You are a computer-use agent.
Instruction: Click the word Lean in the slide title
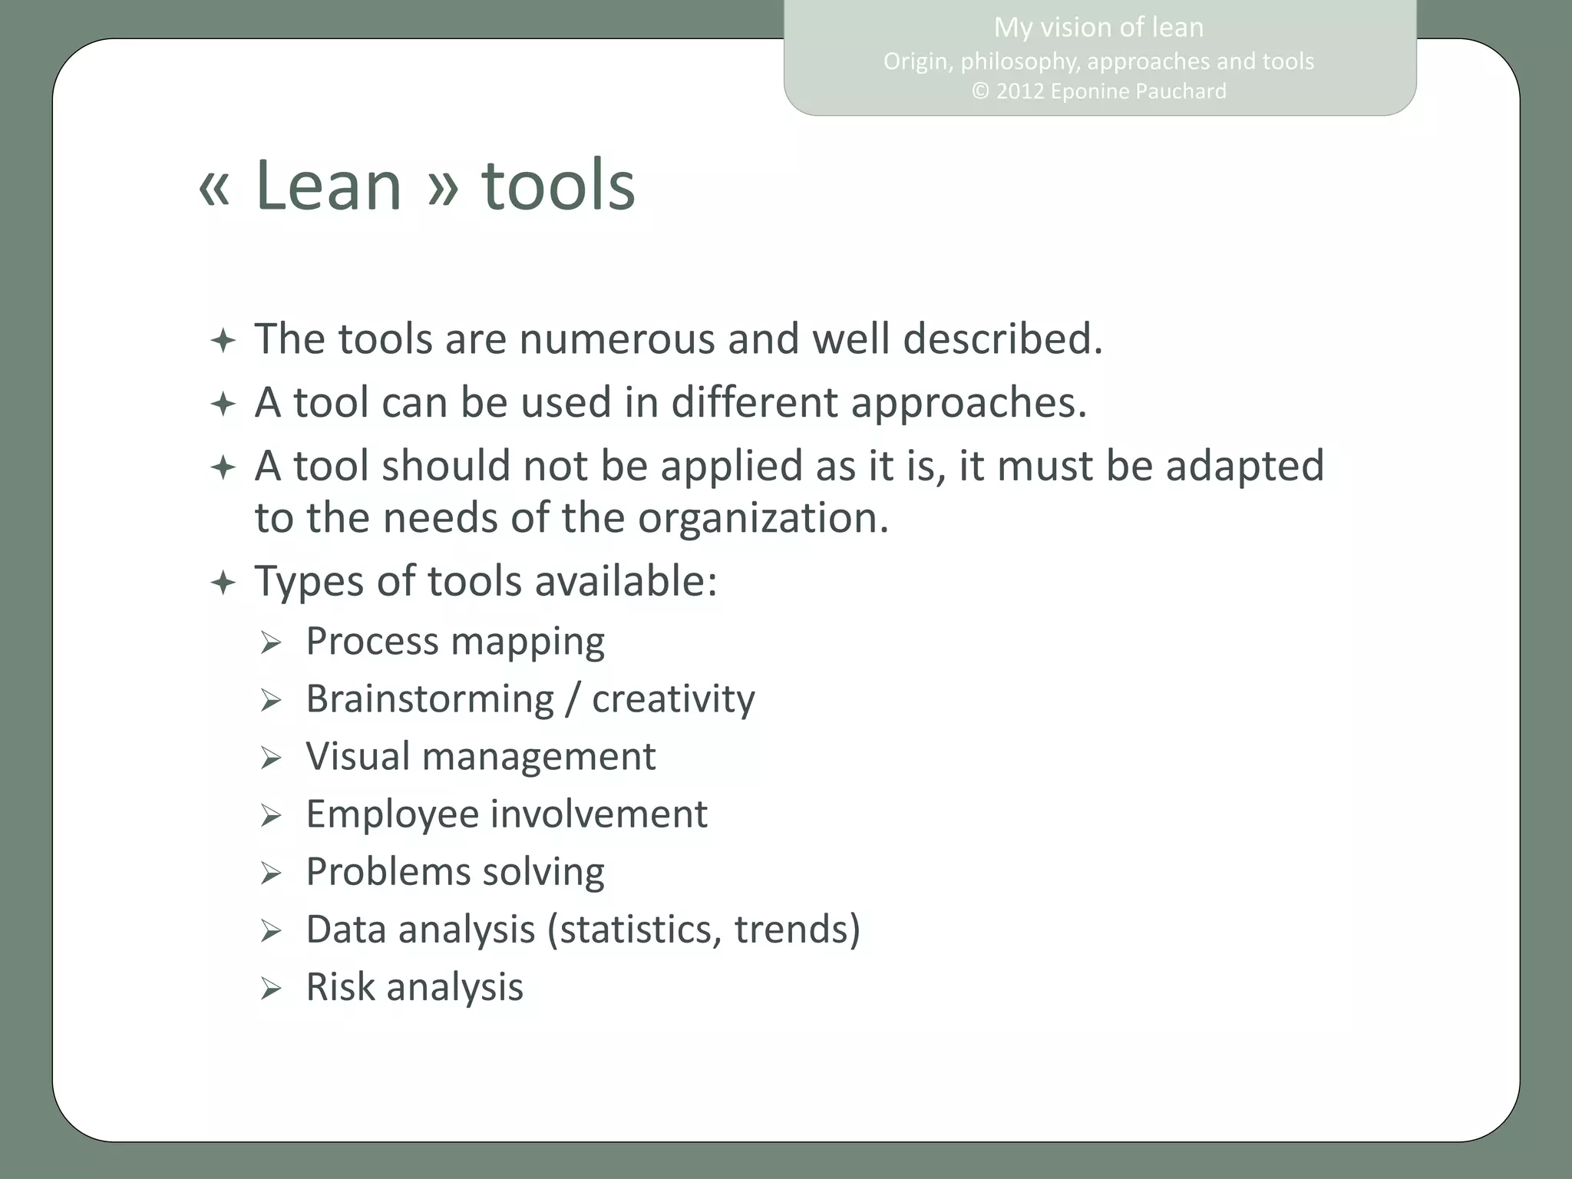point(328,186)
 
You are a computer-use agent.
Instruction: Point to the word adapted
point(1244,466)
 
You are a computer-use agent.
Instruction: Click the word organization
point(761,518)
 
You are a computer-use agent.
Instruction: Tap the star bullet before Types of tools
point(223,583)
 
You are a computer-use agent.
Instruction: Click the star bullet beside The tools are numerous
point(223,341)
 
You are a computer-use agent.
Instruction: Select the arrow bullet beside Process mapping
point(271,643)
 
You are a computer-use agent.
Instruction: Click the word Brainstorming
point(430,699)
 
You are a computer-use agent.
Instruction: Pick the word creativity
point(673,699)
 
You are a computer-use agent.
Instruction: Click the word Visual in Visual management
point(358,756)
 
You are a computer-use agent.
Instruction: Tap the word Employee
point(392,814)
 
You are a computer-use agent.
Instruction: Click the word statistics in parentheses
point(640,930)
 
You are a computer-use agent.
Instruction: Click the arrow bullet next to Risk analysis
point(271,989)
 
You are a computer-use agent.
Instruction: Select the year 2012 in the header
point(1020,91)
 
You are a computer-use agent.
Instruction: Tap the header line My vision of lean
point(1098,28)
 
